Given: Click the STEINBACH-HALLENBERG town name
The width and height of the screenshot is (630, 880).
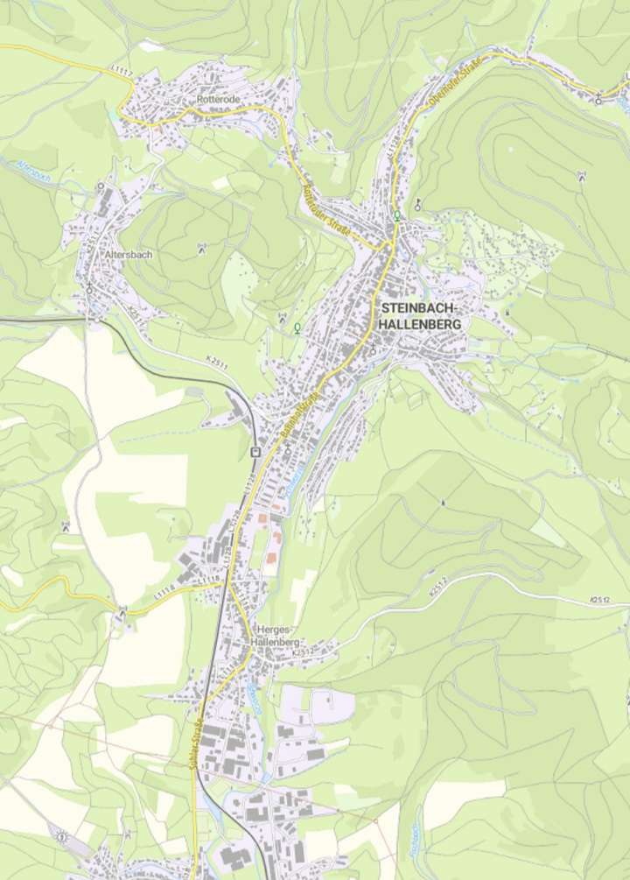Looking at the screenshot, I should [x=422, y=316].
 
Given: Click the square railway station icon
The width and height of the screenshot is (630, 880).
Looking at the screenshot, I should [x=255, y=453].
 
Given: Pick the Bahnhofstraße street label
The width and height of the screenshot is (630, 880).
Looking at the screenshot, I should [x=299, y=411].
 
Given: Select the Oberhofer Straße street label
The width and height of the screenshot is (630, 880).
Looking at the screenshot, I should [x=454, y=88].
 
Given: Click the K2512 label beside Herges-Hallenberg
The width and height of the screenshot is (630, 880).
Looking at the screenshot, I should [x=303, y=651].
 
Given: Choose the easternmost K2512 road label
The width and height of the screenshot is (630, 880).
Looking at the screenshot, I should [x=599, y=599].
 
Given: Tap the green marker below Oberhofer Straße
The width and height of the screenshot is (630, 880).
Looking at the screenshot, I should [x=397, y=215].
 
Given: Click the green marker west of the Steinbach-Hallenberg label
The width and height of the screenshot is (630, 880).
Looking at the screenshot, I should [x=297, y=327].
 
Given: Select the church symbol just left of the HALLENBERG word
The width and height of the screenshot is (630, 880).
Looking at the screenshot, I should [x=373, y=350].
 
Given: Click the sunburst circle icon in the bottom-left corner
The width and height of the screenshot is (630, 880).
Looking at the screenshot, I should [x=61, y=836].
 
